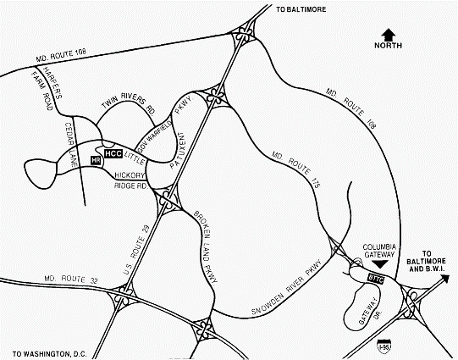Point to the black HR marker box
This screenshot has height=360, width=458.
coord(96,158)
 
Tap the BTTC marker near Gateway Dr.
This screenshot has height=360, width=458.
coord(378,278)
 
